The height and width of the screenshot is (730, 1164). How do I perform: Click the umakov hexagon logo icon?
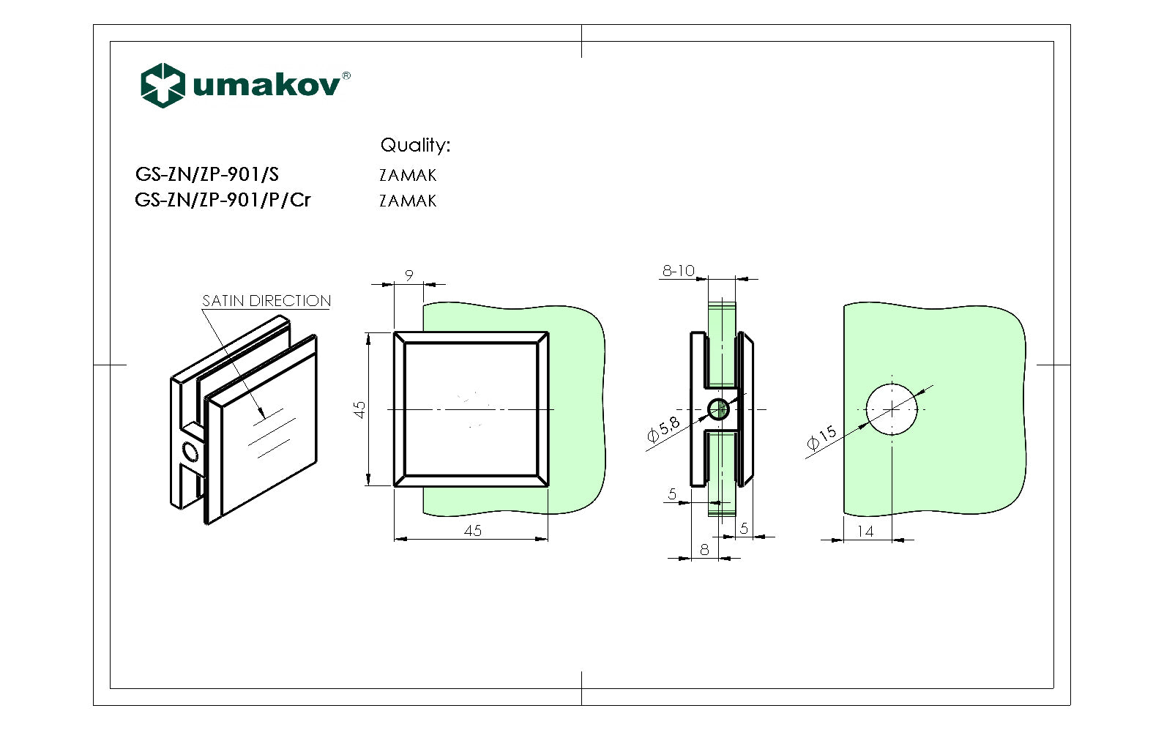tap(162, 85)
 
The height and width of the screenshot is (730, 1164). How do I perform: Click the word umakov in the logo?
tap(266, 85)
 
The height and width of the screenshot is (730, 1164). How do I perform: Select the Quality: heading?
tap(415, 145)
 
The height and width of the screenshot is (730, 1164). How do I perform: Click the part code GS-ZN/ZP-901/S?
tap(207, 174)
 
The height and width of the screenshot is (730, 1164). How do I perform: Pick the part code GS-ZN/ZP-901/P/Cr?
tap(223, 200)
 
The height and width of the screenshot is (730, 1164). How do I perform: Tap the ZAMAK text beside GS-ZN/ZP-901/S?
tap(408, 175)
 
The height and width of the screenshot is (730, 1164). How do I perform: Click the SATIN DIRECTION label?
tap(266, 301)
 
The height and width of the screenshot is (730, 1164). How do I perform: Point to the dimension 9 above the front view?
tap(409, 275)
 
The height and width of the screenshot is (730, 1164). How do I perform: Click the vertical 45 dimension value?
tap(359, 409)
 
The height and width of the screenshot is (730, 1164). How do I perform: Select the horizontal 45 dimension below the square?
tap(473, 531)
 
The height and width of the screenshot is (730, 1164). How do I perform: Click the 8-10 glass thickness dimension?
tap(678, 271)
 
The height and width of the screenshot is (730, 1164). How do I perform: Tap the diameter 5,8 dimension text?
tap(663, 430)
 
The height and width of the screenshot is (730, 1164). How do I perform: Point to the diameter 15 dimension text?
tap(821, 437)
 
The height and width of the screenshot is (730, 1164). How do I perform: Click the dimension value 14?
tap(865, 532)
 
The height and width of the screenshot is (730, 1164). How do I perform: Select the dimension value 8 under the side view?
tap(704, 549)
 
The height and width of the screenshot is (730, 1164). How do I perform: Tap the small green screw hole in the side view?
tap(718, 409)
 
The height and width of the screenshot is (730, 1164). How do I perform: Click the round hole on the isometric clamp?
tap(191, 454)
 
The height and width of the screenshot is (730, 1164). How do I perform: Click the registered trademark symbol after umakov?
tap(346, 75)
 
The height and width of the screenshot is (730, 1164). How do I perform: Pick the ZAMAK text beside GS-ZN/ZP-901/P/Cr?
tap(408, 201)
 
